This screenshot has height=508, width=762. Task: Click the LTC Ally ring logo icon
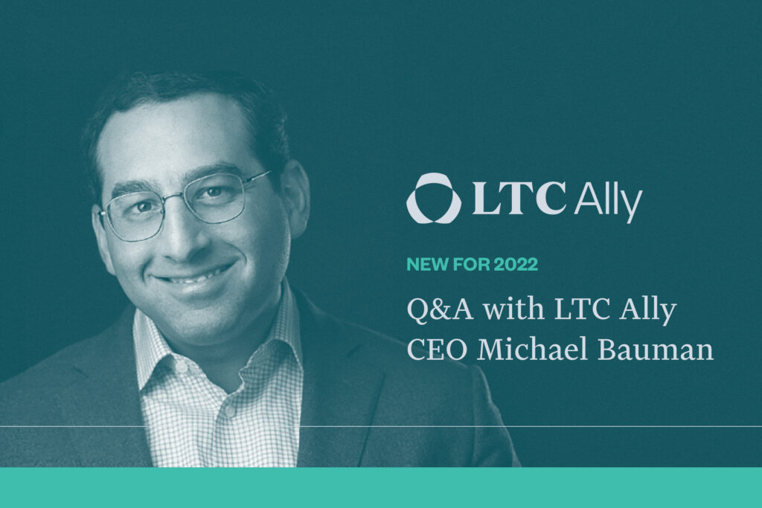coord(429,198)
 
